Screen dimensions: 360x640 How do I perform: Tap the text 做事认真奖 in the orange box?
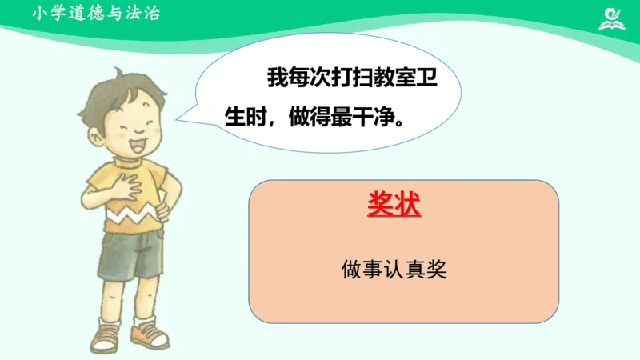coord(394,270)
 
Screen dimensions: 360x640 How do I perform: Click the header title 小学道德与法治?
coord(97,13)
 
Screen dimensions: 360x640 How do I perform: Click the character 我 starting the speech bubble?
coord(276,78)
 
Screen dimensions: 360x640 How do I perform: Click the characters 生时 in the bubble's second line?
coord(244,118)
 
